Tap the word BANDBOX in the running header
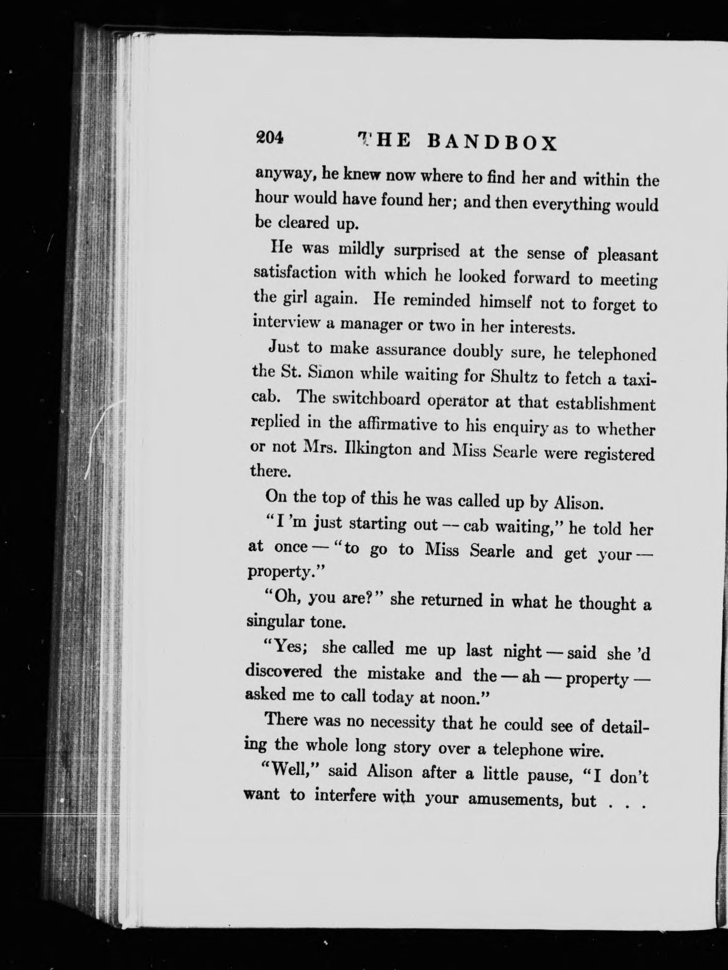tap(491, 143)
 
